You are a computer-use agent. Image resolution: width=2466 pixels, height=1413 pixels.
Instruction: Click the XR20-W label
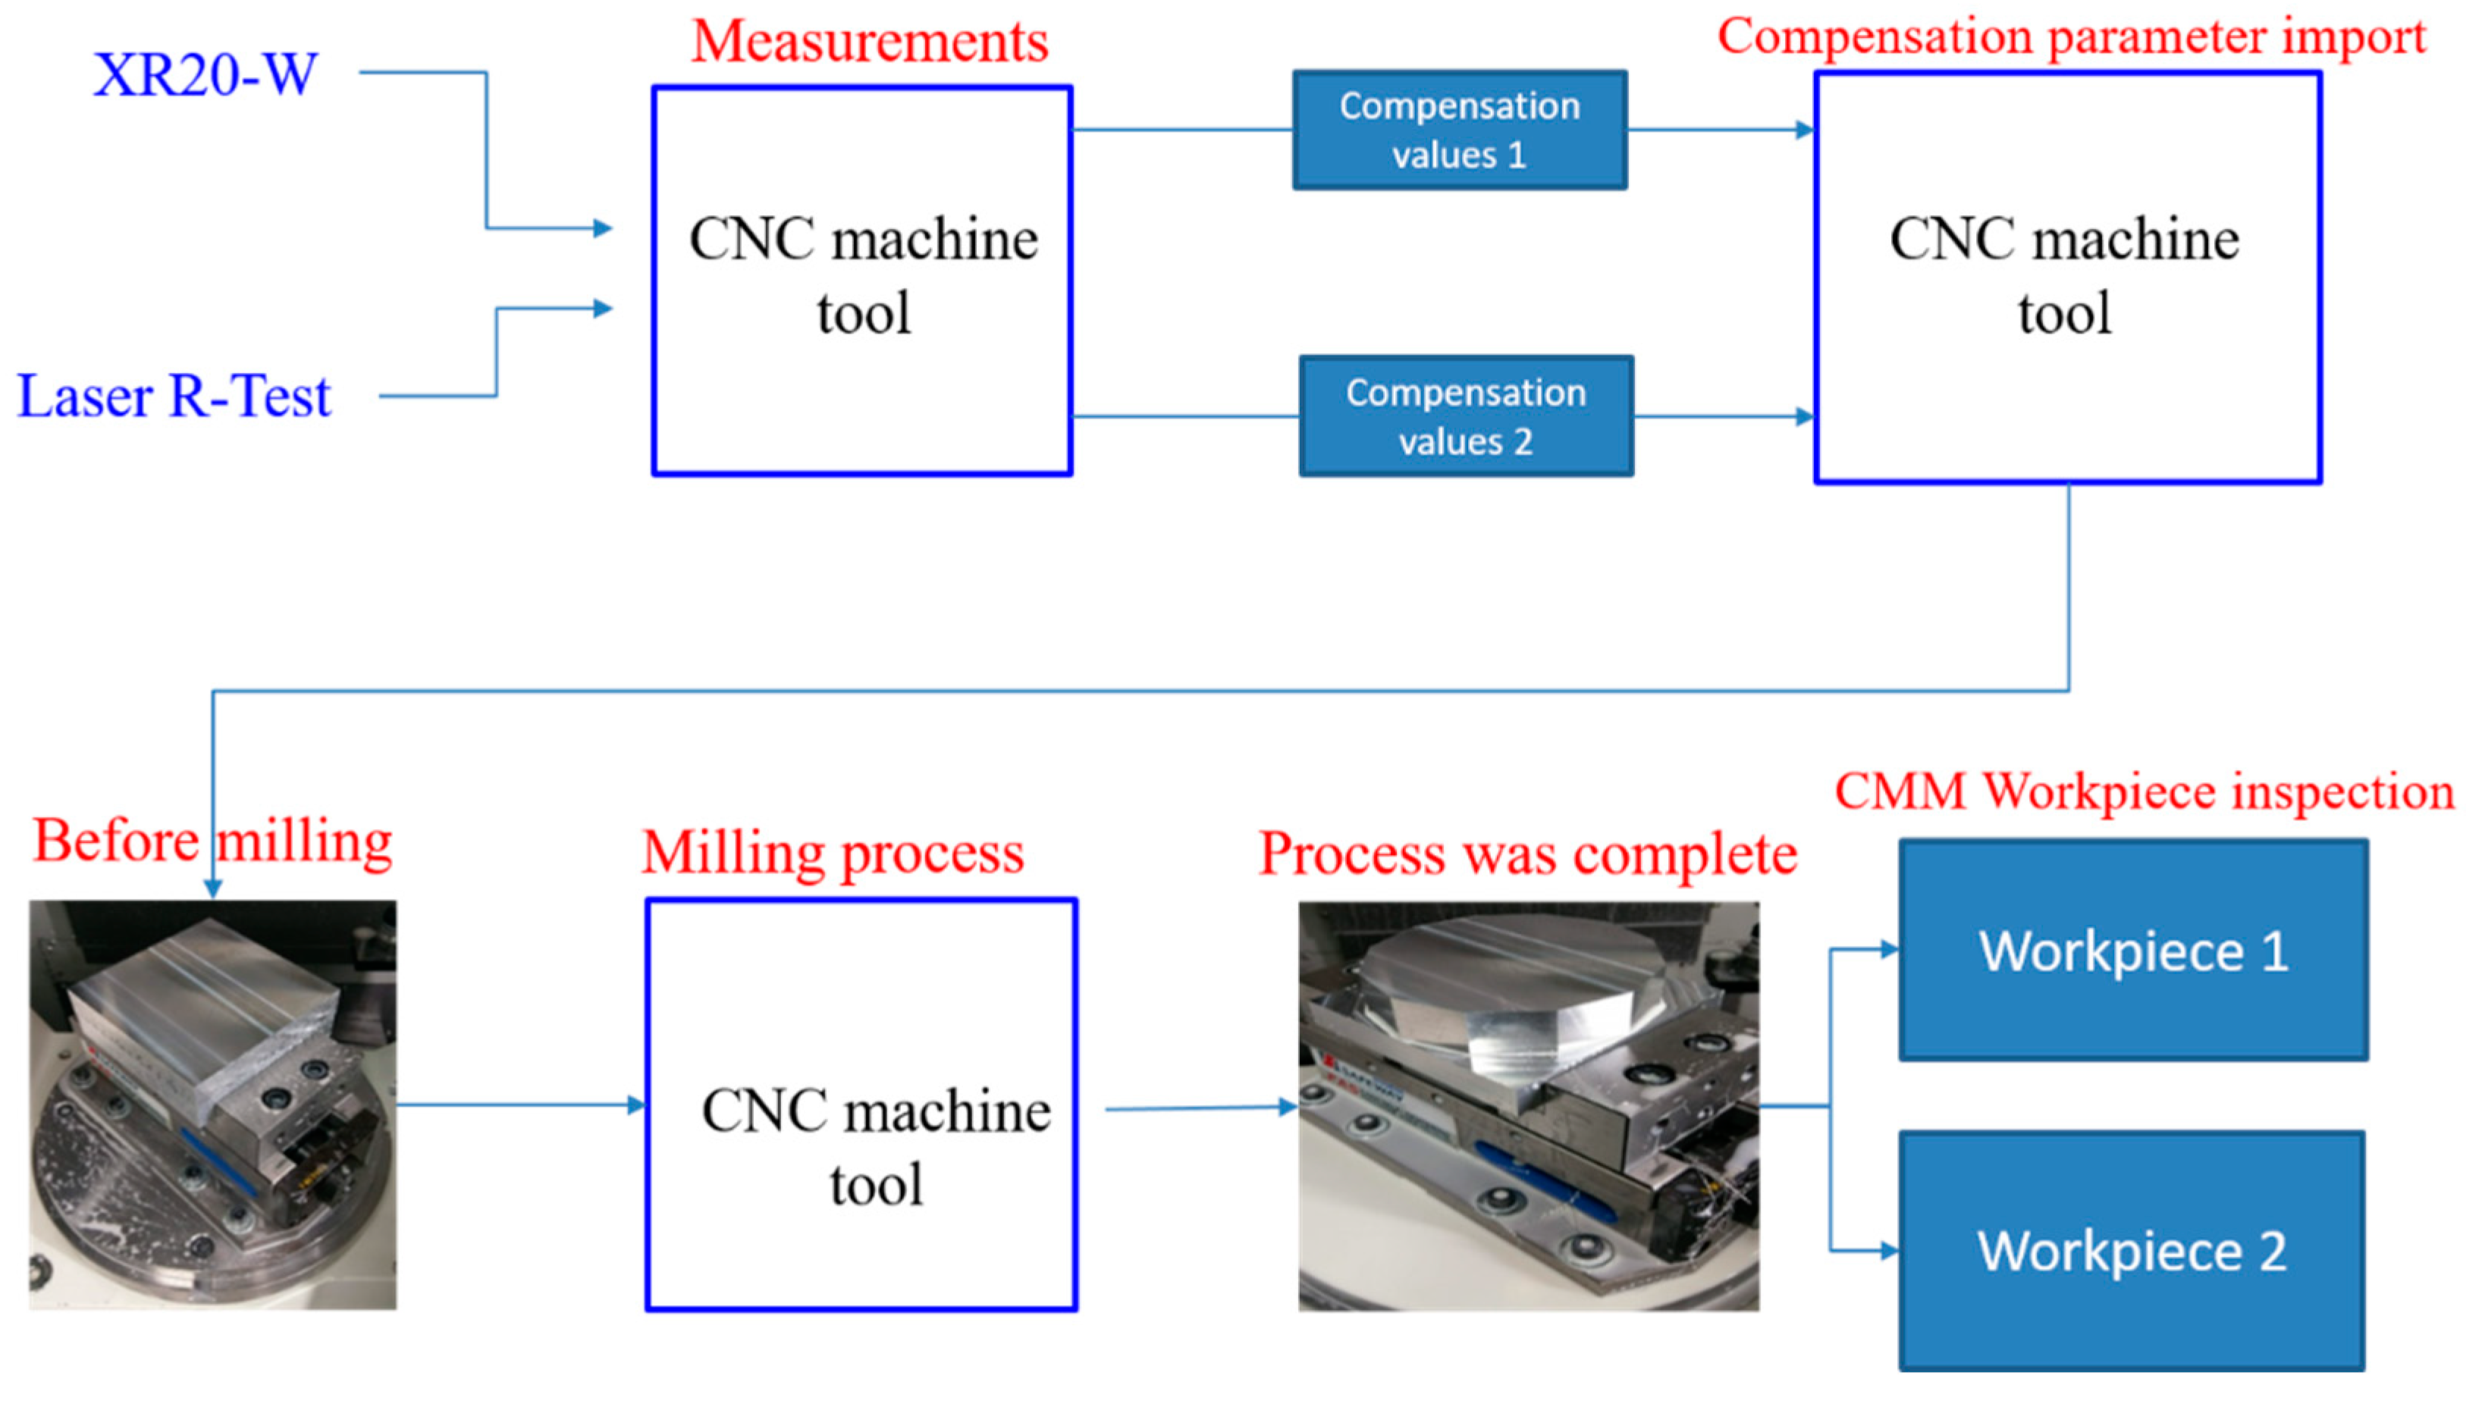(x=205, y=75)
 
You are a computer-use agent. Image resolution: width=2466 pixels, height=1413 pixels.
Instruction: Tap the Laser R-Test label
(x=174, y=397)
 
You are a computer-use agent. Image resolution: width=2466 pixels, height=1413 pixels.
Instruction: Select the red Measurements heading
(x=870, y=42)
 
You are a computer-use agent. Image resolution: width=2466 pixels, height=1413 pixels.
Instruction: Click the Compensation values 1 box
(x=1459, y=130)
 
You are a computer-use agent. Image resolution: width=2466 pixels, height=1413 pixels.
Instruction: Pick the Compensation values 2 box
(x=1466, y=416)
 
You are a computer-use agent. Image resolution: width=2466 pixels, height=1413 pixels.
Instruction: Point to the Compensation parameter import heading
(x=2070, y=37)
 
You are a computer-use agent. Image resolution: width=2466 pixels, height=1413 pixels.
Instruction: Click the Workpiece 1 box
(x=2132, y=950)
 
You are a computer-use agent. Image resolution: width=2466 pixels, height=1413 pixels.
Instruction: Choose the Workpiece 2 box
(x=2130, y=1251)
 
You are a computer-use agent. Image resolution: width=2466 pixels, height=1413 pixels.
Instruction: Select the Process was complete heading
(x=1527, y=855)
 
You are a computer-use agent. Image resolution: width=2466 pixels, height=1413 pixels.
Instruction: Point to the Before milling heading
(x=212, y=841)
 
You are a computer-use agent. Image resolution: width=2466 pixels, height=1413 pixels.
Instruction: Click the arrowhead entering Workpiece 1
(x=1889, y=949)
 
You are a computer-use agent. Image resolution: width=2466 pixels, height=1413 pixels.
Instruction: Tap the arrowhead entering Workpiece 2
(x=1889, y=1251)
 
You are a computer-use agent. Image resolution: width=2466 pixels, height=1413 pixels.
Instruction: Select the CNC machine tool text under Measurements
(x=863, y=276)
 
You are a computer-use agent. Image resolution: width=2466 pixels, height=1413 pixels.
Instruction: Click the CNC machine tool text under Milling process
(x=875, y=1147)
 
